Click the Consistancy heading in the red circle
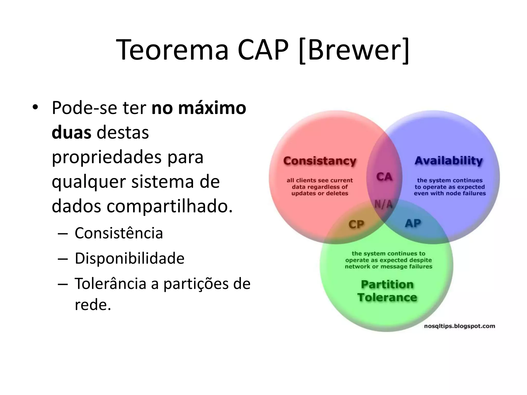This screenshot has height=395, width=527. tap(320, 161)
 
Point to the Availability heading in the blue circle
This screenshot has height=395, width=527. tap(449, 160)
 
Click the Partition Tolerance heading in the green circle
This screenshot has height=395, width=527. tap(387, 291)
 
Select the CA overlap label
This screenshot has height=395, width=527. tap(384, 177)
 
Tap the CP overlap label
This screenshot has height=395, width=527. tap(356, 224)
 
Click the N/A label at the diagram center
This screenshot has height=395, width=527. tap(383, 204)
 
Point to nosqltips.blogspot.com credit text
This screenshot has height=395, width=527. tap(460, 326)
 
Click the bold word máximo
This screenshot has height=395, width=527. tap(212, 108)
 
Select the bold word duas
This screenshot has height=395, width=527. tap(71, 133)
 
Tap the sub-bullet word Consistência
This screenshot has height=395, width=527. tap(119, 233)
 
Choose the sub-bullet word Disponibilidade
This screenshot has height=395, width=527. tap(129, 258)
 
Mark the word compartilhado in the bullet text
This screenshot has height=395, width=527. tap(169, 206)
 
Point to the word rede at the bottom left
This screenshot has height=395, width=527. tap(93, 305)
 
